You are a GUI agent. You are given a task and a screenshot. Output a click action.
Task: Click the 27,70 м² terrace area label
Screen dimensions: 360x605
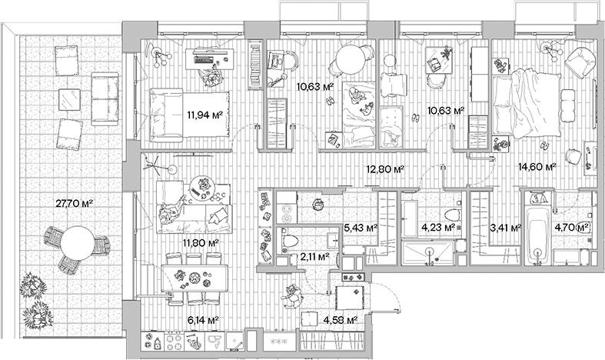(75, 204)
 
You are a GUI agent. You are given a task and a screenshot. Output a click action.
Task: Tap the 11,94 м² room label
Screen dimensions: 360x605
(204, 115)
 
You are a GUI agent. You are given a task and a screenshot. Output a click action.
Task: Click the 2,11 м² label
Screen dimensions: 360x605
(314, 258)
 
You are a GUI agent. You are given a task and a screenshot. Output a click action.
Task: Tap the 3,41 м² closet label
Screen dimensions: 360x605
(505, 228)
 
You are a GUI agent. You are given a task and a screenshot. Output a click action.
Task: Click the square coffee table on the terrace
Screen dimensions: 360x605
(70, 99)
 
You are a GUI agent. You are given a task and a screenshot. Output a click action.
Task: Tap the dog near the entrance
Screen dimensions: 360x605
(292, 295)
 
